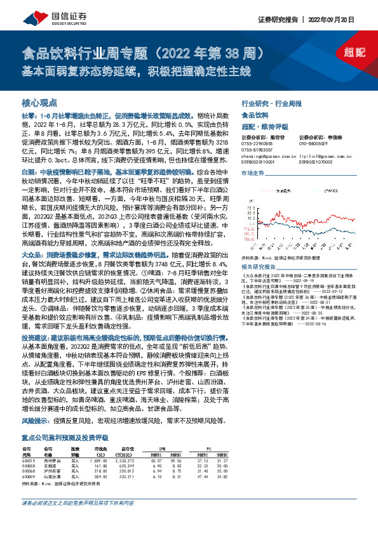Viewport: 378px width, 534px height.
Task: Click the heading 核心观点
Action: coord(39,101)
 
